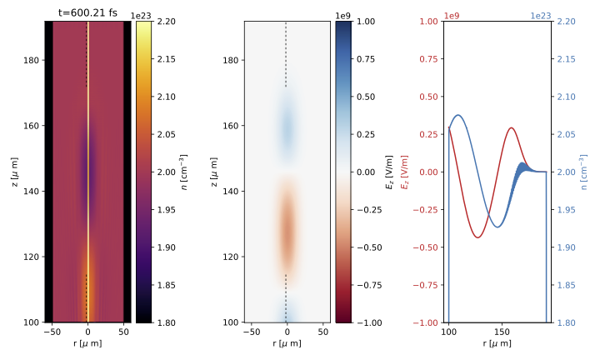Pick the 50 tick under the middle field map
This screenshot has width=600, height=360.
pyautogui.click(x=322, y=332)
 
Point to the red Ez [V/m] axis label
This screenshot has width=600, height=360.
pyautogui.click(x=406, y=172)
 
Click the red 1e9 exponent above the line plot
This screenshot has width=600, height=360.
pyautogui.click(x=452, y=15)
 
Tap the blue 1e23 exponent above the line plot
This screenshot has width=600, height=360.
pyautogui.click(x=541, y=15)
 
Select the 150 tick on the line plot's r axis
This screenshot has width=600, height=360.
pyautogui.click(x=498, y=332)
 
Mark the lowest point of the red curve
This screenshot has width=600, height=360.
pyautogui.click(x=477, y=237)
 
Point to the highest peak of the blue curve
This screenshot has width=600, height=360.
pyautogui.click(x=457, y=115)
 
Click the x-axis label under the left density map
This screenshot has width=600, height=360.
pyautogui.click(x=88, y=343)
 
